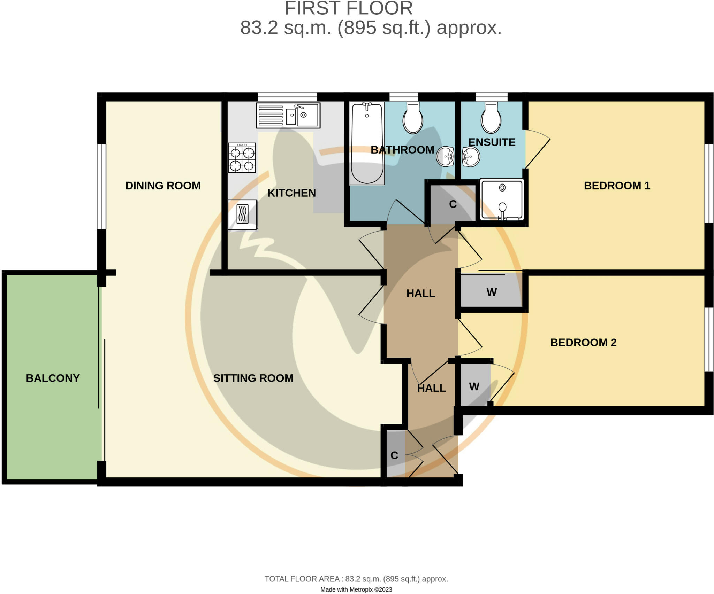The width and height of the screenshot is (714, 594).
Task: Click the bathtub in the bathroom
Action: (367, 143)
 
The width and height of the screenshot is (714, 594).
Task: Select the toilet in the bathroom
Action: (413, 118)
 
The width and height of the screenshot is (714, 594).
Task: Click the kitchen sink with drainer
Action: (288, 115)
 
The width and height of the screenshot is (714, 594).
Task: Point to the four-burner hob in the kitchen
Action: (242, 158)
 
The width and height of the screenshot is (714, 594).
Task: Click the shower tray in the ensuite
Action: (502, 200)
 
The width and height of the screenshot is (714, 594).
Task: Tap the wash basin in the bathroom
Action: (445, 156)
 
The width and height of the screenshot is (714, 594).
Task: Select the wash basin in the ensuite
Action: (471, 156)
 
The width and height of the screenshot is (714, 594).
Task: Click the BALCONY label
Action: (53, 378)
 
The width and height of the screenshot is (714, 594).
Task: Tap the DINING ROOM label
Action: (163, 186)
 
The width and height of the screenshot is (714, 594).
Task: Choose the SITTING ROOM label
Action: (253, 378)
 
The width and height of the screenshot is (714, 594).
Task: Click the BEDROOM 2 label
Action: (583, 342)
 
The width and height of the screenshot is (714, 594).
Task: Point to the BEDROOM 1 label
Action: (617, 186)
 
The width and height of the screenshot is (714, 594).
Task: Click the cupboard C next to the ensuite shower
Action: (453, 204)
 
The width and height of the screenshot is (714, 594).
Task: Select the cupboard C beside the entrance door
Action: (394, 455)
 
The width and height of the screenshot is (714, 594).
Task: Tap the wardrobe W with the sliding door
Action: (491, 292)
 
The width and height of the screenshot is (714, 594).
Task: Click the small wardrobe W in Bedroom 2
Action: (474, 386)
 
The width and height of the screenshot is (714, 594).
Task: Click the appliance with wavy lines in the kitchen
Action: (243, 214)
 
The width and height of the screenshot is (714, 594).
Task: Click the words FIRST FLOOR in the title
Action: (349, 8)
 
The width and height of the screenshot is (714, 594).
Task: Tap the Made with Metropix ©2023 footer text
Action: (356, 589)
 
